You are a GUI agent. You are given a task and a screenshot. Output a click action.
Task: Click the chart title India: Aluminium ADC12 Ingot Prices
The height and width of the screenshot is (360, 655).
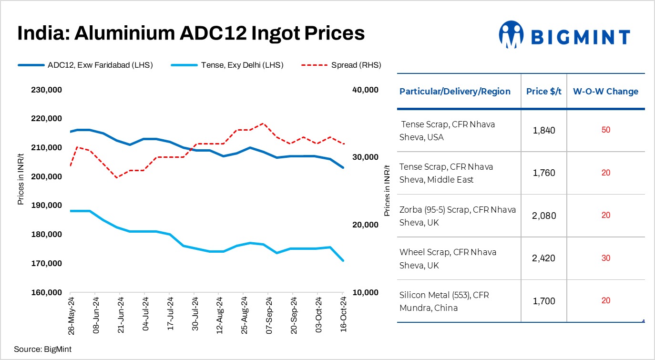[191, 33]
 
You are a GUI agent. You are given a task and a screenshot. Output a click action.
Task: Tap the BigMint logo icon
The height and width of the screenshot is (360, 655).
[511, 34]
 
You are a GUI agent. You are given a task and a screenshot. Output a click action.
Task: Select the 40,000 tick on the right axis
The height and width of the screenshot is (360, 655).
[365, 90]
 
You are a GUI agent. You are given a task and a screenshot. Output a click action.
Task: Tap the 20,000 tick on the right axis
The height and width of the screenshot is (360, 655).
[365, 225]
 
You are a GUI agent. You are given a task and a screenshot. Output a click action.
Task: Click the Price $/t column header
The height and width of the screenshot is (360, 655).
[543, 92]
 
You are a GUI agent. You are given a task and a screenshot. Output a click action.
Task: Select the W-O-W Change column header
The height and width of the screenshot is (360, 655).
[605, 92]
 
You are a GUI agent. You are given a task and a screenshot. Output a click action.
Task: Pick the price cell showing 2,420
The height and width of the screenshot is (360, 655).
[543, 258]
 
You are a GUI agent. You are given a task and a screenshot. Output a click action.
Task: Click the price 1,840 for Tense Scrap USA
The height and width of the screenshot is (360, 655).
[543, 130]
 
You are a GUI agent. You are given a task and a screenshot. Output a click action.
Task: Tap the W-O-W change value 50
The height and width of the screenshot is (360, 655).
[605, 130]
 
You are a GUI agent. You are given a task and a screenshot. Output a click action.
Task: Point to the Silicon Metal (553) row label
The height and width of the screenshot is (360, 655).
[444, 301]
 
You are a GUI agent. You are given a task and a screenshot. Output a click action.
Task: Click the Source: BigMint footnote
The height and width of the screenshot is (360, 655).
[42, 349]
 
